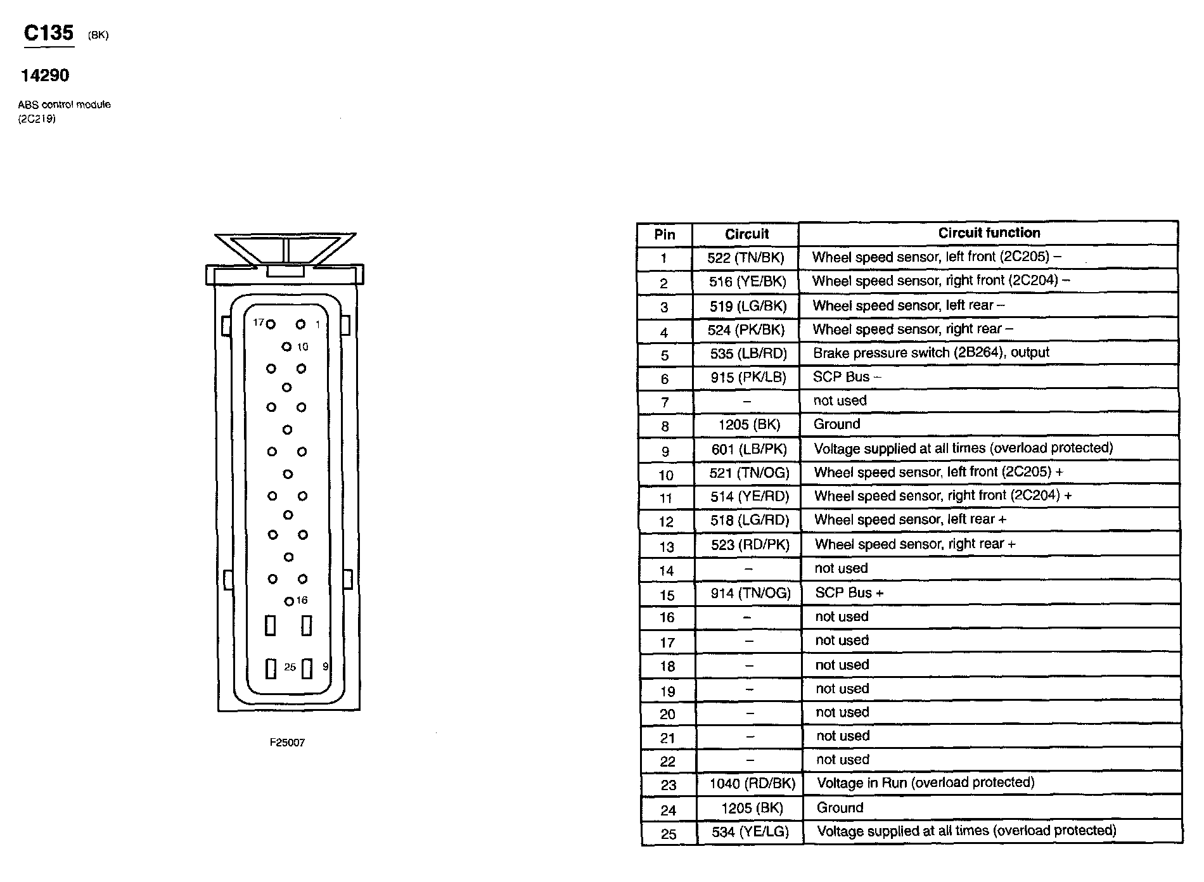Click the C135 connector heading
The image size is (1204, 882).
48,33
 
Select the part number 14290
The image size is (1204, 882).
45,75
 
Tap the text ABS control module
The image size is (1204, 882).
64,105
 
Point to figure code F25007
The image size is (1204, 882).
287,743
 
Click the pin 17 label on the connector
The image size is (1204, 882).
258,323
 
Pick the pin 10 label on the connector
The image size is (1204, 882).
302,347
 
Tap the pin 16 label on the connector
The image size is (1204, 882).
302,600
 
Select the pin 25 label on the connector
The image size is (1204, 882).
290,667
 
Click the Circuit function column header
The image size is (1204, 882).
989,233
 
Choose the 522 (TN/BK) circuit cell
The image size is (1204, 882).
746,258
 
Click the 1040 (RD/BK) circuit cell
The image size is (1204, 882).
752,784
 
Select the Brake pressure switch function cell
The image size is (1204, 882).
931,353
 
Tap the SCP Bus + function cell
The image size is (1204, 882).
849,593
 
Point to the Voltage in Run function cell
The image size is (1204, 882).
925,783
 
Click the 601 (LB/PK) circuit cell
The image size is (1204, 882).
748,449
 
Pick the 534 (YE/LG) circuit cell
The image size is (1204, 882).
750,832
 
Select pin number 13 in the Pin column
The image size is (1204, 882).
667,546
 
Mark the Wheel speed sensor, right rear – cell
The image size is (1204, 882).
913,329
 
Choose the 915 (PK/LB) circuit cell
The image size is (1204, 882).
748,378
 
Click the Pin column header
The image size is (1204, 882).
664,234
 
